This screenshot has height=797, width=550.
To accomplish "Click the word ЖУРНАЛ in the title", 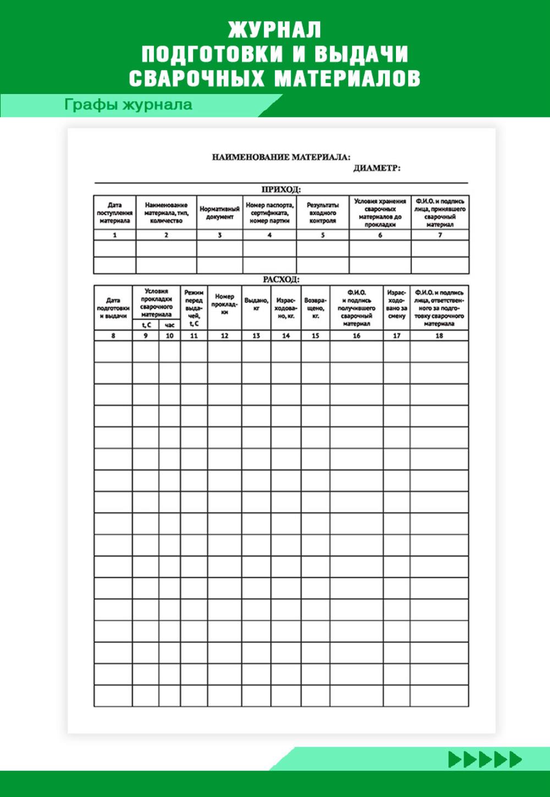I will click(274, 29).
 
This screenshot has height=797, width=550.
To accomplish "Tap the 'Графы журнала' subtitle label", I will click(128, 104).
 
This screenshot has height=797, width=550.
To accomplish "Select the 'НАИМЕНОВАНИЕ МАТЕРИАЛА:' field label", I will click(281, 157).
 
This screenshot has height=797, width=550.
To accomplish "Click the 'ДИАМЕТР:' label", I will click(377, 168).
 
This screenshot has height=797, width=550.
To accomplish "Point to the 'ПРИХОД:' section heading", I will click(281, 190).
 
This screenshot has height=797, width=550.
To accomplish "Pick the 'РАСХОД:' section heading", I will click(281, 279).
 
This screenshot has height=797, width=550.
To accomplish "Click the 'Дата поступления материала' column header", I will click(114, 213).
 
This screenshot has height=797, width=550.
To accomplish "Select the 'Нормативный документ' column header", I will click(219, 213).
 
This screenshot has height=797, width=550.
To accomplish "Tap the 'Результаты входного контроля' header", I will click(322, 213).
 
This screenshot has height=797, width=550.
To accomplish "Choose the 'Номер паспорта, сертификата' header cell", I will click(269, 213).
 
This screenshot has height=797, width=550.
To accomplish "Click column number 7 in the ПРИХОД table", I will click(440, 235).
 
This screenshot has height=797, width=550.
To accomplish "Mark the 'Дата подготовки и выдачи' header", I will click(113, 308).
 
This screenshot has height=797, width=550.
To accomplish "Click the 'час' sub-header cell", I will click(169, 325).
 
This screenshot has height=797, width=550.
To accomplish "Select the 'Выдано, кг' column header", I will click(256, 305).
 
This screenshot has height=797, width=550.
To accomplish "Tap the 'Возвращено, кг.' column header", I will click(315, 308).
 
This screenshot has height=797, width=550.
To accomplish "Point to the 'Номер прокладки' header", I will click(224, 304).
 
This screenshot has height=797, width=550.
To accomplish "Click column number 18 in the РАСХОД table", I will click(439, 335).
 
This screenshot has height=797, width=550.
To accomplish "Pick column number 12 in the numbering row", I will click(224, 335).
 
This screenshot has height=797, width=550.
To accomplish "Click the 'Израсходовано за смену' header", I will click(397, 305).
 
